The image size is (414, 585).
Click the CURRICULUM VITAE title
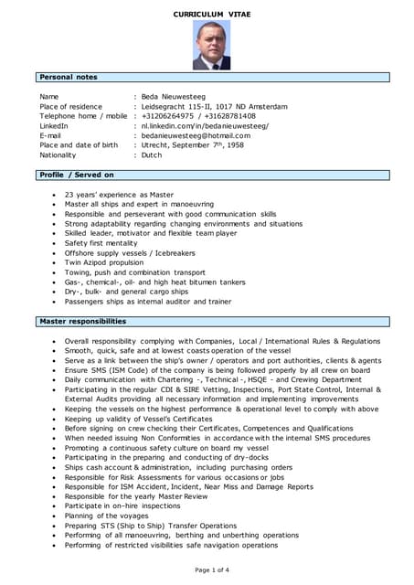211,13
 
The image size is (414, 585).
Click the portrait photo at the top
211,46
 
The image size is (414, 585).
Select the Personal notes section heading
69,77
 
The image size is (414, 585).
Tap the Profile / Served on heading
77,175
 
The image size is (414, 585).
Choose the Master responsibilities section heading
82,322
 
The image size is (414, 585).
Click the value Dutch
151,155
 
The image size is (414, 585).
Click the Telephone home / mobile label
83,116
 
